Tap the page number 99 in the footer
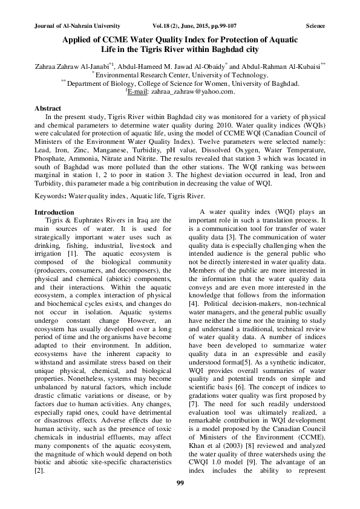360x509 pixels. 180,482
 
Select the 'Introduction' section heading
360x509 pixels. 54,212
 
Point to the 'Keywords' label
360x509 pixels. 51,196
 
